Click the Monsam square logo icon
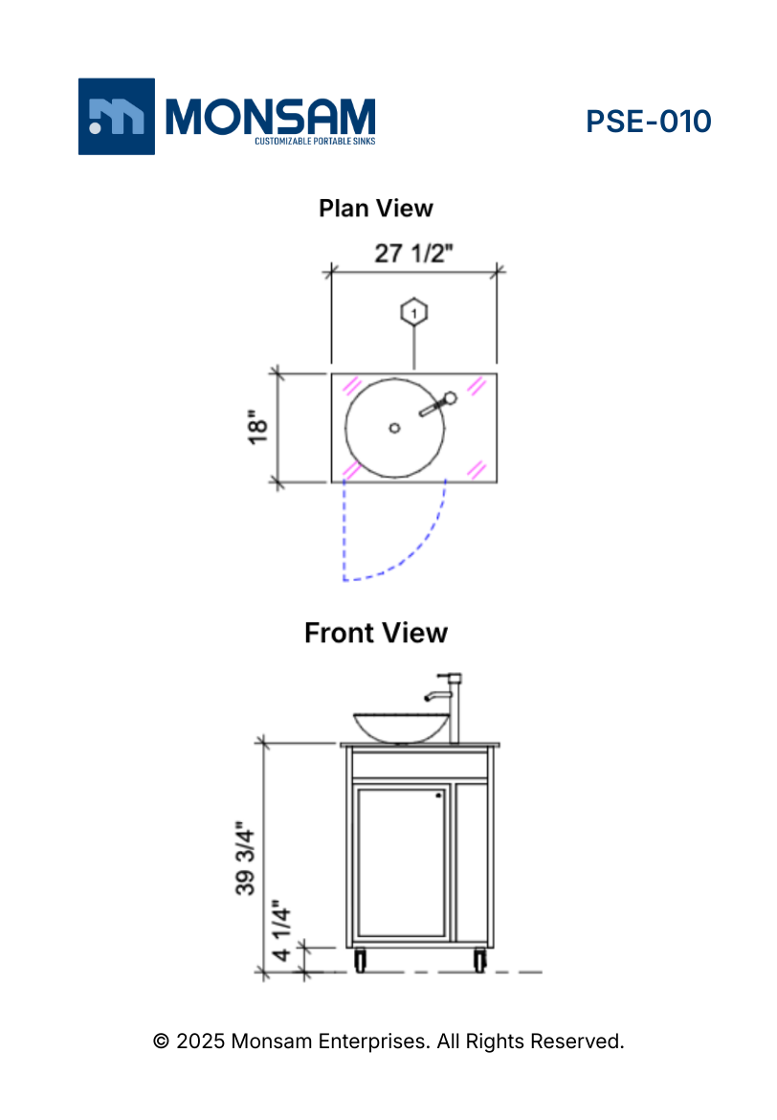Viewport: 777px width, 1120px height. point(116,116)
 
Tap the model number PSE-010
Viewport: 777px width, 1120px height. point(648,122)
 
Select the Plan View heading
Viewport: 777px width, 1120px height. point(376,208)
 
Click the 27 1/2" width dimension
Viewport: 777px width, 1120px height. point(413,254)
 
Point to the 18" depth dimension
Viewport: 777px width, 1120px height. point(257,428)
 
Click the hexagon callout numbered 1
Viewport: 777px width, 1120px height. point(413,312)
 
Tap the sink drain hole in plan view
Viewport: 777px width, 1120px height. point(394,428)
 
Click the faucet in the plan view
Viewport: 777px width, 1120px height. point(438,405)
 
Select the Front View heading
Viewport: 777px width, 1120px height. point(376,633)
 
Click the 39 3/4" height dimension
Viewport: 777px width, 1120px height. point(246,856)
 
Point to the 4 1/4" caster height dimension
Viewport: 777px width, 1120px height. point(281,930)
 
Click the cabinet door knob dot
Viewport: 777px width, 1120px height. point(438,795)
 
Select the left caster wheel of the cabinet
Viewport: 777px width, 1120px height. point(360,960)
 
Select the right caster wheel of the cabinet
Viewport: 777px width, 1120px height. point(478,960)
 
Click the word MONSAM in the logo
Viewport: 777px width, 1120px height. point(271,116)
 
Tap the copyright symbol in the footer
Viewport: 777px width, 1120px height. point(162,1041)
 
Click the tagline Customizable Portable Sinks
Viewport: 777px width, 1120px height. point(314,142)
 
